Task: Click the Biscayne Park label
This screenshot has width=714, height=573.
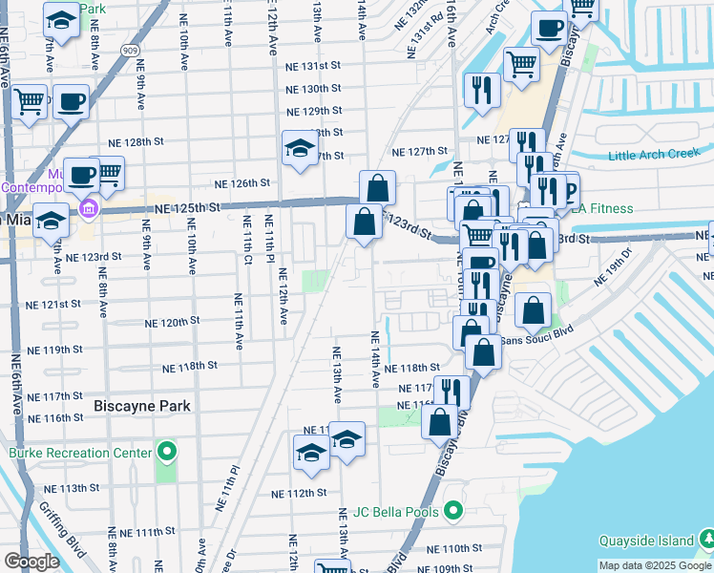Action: point(142,406)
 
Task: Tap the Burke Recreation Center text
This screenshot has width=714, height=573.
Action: point(80,453)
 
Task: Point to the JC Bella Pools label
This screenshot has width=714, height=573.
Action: point(393,512)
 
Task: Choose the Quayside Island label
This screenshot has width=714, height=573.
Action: point(649,541)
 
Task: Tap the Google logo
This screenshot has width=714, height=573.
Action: point(31,562)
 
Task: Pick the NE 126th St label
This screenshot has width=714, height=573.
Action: point(241,182)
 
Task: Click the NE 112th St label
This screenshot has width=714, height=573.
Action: point(299,494)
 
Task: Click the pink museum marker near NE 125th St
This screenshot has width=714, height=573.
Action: point(90,207)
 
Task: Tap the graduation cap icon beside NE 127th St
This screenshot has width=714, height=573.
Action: point(300,148)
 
